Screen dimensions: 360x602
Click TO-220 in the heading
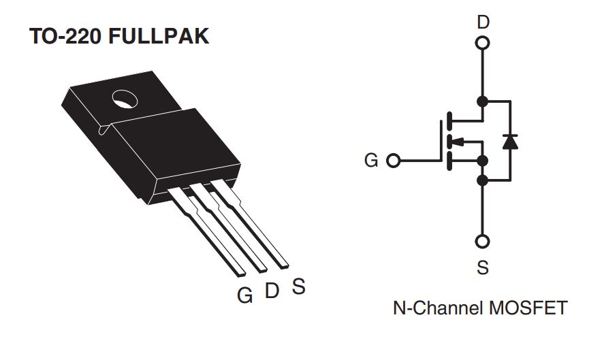coord(65,37)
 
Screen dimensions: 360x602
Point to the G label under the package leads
coord(245,295)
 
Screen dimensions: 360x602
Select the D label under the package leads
coord(272,291)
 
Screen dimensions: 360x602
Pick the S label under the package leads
coord(298,287)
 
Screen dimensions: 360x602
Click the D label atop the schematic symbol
coord(483,22)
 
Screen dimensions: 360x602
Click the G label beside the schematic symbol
coord(371,161)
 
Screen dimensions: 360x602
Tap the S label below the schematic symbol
coord(483,267)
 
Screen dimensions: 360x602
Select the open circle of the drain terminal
coord(483,44)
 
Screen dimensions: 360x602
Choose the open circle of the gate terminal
coord(393,161)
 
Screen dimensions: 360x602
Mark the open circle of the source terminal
coord(483,242)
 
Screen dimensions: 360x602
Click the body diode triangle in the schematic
coord(509,142)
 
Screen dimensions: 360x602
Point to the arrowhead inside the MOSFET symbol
coord(458,142)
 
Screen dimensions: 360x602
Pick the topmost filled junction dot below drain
coord(483,102)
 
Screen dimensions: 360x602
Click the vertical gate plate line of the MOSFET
coord(441,142)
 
